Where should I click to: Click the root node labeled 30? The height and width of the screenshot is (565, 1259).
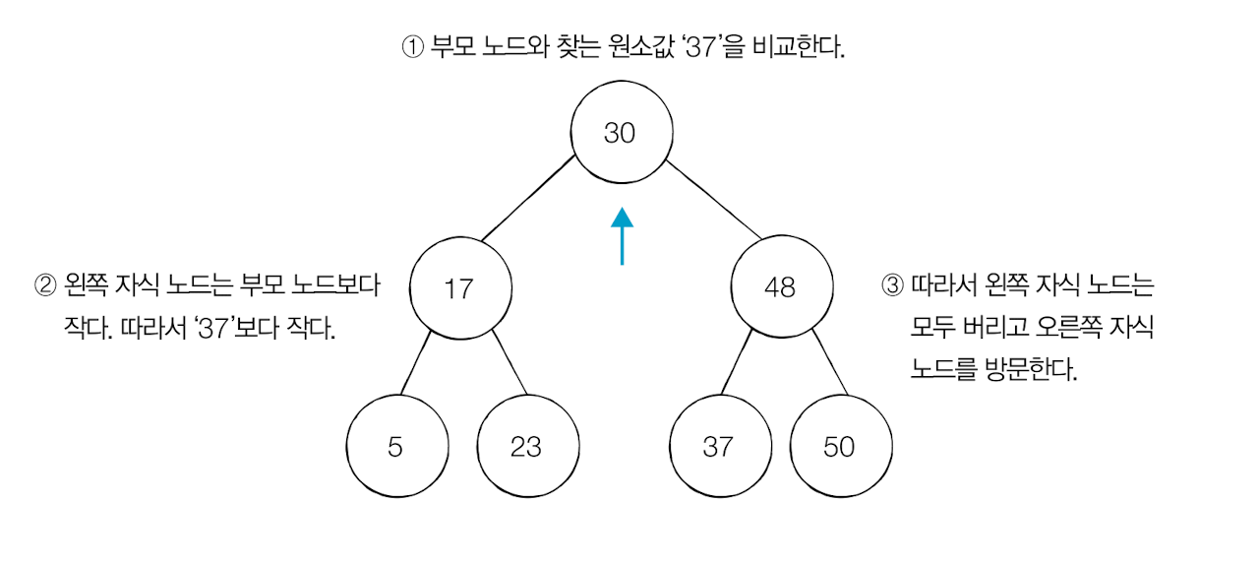(622, 133)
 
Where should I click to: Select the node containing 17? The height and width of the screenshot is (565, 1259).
(460, 288)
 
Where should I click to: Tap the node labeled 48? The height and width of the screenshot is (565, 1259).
(781, 287)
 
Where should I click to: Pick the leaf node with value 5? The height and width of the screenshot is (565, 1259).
(395, 447)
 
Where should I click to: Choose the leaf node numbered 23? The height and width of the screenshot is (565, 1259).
(527, 447)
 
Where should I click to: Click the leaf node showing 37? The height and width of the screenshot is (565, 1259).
(718, 447)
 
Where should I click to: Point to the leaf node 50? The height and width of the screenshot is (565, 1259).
(840, 447)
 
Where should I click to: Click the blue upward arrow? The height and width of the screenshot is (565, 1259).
(622, 236)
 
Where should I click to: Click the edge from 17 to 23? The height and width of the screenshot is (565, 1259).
(509, 365)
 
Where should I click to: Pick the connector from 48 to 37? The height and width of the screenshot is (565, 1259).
(738, 364)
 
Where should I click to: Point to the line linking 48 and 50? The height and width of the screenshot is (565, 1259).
(830, 363)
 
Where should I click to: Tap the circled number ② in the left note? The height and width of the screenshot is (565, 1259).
(45, 286)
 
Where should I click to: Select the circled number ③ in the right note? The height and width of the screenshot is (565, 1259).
(892, 286)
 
